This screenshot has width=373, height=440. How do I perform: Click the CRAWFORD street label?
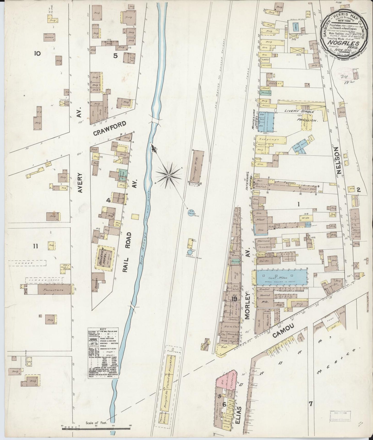click(x=109, y=128)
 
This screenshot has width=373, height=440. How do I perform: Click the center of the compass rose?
click(x=169, y=176)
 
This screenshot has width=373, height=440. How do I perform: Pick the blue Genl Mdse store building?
click(x=282, y=277)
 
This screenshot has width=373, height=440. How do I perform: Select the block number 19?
click(x=234, y=299)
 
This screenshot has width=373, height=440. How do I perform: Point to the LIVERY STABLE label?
click(x=299, y=112)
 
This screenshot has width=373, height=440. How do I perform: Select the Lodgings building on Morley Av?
click(x=271, y=139)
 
